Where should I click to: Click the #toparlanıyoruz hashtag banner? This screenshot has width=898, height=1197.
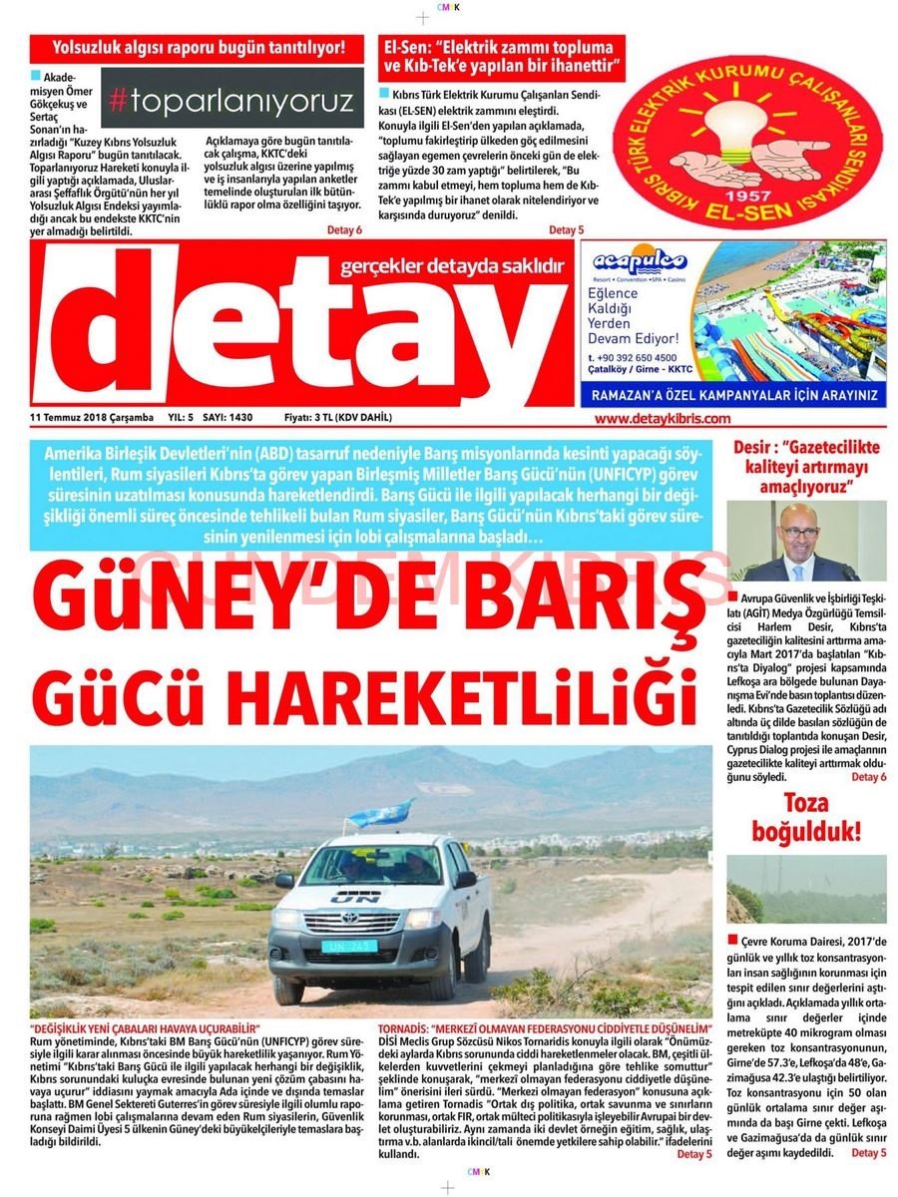coord(231,99)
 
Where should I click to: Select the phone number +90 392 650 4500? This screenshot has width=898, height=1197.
coord(633,357)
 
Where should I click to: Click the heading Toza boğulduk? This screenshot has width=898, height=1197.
coord(807,815)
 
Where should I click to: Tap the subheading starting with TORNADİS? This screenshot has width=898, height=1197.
coord(545,1027)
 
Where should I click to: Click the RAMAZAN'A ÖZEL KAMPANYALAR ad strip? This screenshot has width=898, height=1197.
coord(732,395)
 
